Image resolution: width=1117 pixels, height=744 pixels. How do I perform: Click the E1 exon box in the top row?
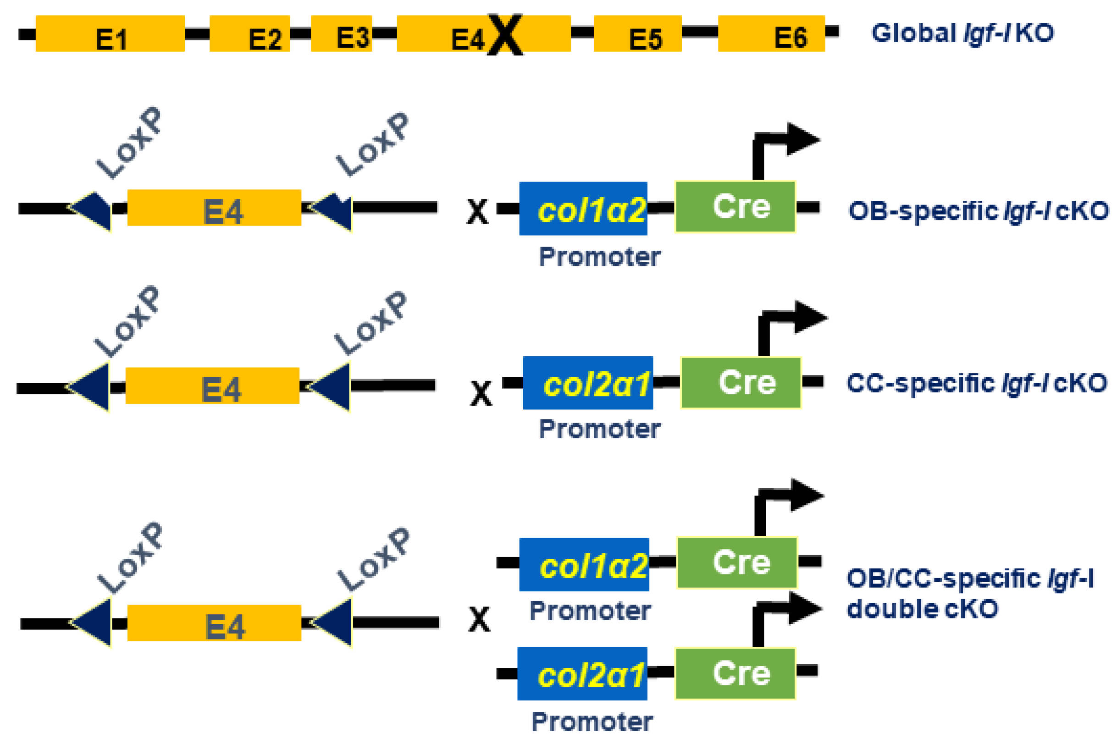pyautogui.click(x=110, y=33)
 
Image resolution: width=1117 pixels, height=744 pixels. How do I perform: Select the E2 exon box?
pyautogui.click(x=249, y=33)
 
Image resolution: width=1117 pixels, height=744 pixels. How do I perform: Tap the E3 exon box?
pyautogui.click(x=341, y=33)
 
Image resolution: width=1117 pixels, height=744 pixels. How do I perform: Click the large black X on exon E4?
pyautogui.click(x=504, y=35)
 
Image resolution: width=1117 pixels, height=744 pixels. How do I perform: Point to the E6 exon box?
pyautogui.click(x=771, y=33)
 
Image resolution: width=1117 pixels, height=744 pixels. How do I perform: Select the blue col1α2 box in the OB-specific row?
pyautogui.click(x=583, y=208)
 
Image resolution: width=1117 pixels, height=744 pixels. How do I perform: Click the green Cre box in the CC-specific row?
pyautogui.click(x=740, y=382)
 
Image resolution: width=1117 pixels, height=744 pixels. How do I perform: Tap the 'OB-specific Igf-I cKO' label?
pyautogui.click(x=978, y=211)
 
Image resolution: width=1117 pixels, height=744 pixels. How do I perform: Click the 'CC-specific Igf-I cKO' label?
pyautogui.click(x=976, y=383)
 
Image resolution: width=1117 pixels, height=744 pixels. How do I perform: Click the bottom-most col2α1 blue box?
pyautogui.click(x=582, y=674)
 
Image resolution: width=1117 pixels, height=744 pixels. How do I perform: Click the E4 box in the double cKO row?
pyautogui.click(x=214, y=623)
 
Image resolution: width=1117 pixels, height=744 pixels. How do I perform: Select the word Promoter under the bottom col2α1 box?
pyautogui.click(x=591, y=722)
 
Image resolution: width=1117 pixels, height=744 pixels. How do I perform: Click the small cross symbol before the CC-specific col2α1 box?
pyautogui.click(x=480, y=393)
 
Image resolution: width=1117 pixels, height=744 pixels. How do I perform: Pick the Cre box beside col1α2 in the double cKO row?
pyautogui.click(x=736, y=563)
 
